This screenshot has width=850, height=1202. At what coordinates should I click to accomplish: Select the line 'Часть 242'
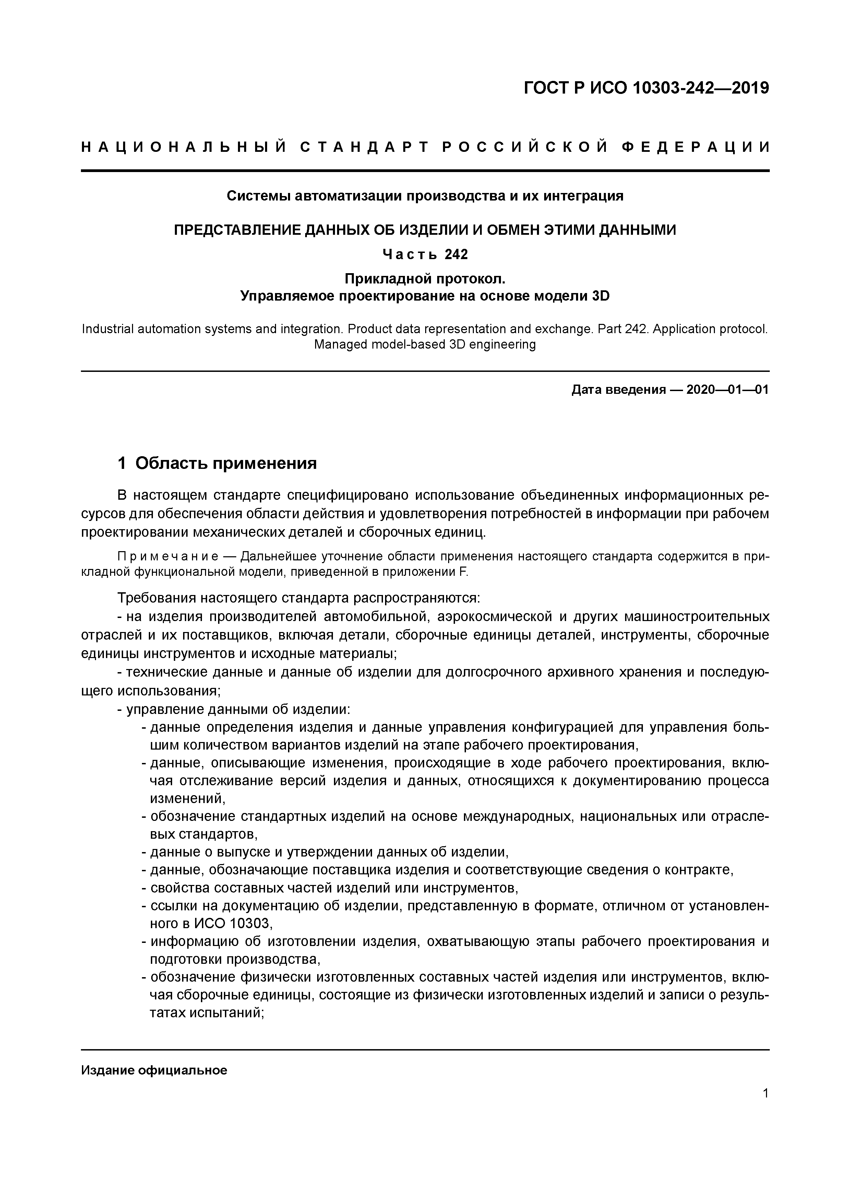click(x=425, y=254)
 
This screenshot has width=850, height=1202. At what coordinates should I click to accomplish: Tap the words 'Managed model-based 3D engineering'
click(x=425, y=344)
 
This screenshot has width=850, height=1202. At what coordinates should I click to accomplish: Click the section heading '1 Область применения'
click(x=217, y=463)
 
